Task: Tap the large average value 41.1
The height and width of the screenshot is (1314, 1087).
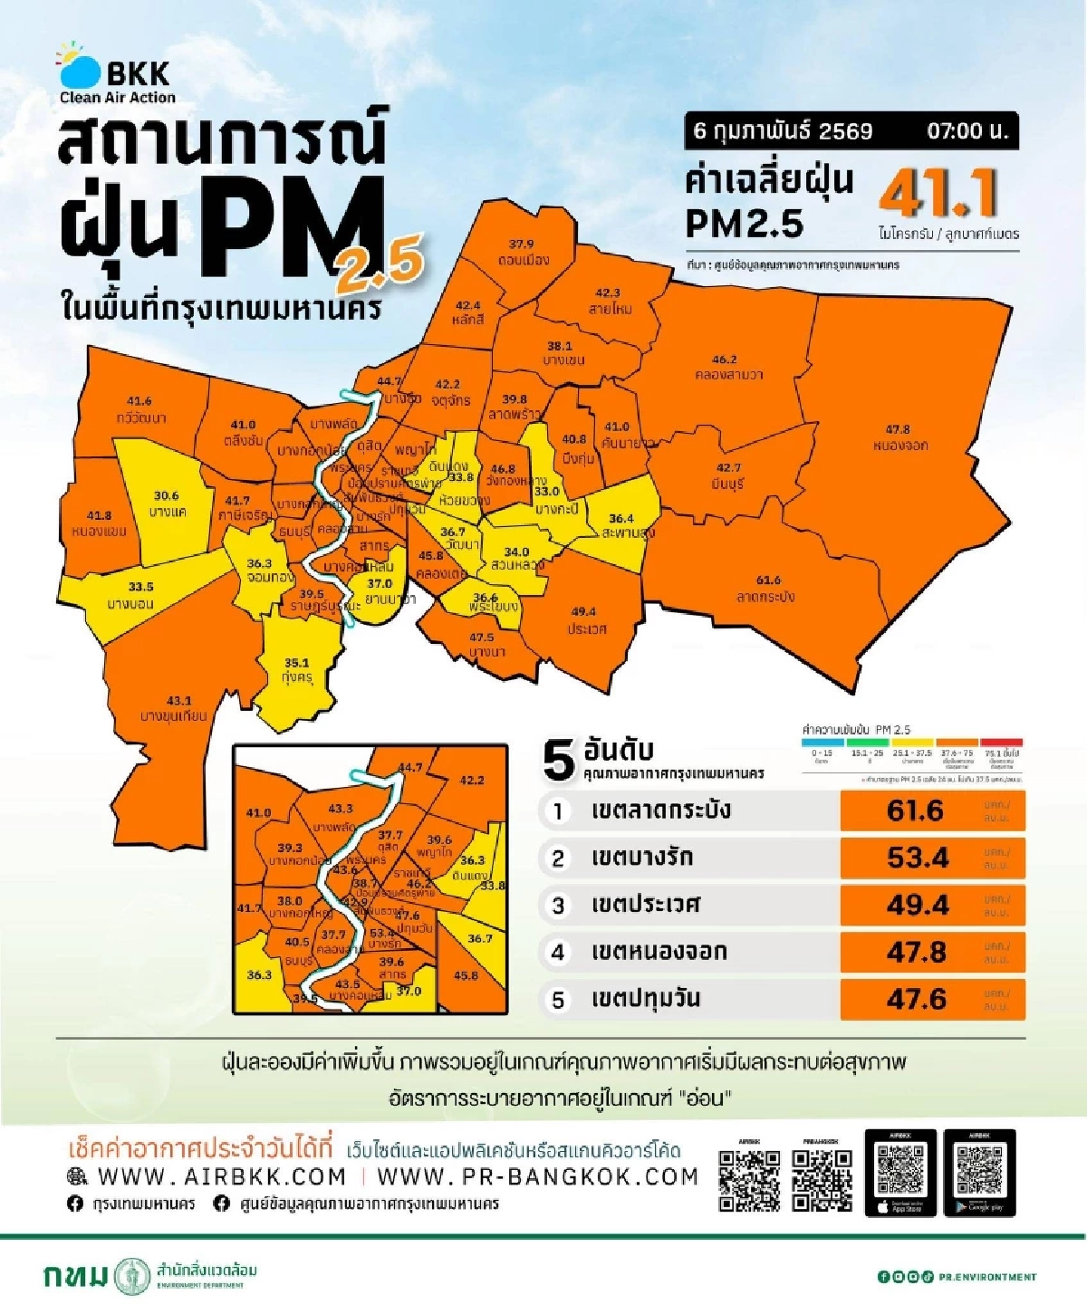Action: [x=938, y=193]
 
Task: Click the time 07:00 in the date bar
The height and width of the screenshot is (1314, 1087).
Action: [x=967, y=131]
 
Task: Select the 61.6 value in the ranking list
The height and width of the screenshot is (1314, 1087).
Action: [x=915, y=810]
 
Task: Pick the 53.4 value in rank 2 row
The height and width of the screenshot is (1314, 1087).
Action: [x=917, y=858]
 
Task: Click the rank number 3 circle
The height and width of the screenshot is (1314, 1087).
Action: [x=558, y=906]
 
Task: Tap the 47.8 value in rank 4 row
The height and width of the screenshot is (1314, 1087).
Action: [x=917, y=953]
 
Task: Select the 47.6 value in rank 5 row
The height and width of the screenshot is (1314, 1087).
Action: [x=917, y=999]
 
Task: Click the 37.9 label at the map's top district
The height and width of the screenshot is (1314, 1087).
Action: [x=521, y=245]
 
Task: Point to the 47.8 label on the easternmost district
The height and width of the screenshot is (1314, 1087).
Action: [x=898, y=429]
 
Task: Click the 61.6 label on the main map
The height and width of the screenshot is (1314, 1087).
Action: [x=768, y=580]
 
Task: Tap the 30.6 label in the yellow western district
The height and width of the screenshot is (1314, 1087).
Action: [x=166, y=496]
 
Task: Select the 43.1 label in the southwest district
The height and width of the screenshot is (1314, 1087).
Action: [x=179, y=700]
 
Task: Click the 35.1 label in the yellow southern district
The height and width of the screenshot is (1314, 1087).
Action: [x=296, y=663]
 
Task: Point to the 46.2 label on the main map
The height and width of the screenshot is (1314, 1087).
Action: [x=725, y=360]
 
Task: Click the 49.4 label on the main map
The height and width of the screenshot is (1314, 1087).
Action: [x=583, y=612]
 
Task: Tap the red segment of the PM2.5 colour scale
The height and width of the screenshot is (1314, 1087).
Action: [x=1001, y=743]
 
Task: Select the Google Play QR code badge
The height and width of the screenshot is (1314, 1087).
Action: [x=979, y=1173]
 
